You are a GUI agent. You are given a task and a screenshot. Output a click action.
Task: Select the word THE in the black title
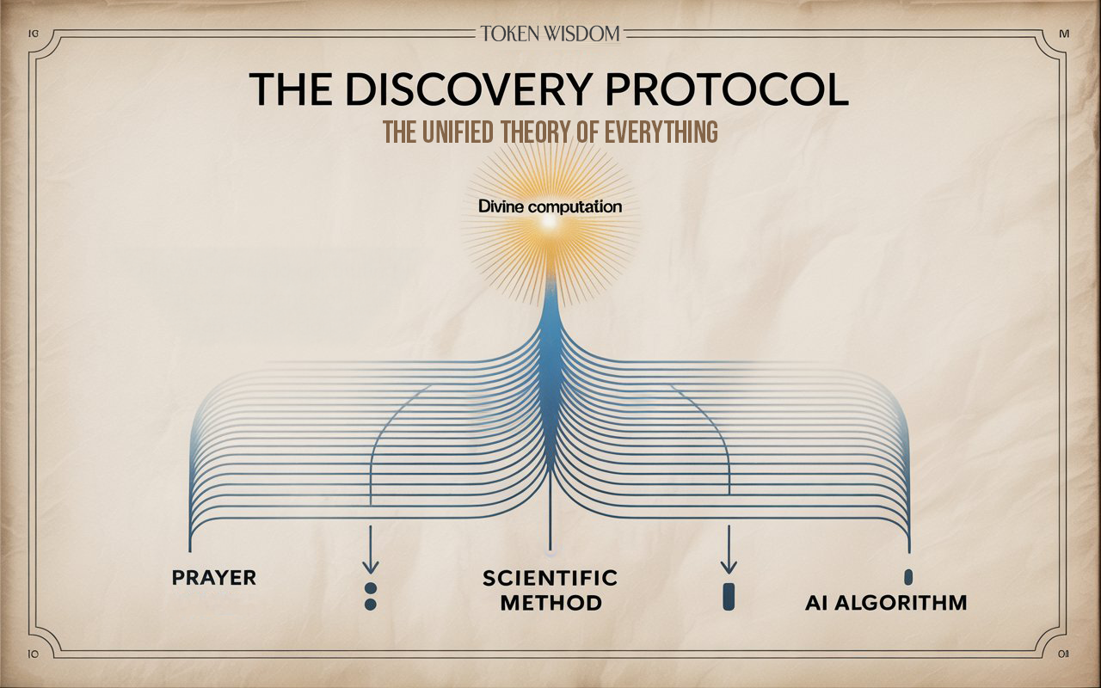tap(290, 89)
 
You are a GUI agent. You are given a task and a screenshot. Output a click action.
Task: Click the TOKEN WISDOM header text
tap(550, 34)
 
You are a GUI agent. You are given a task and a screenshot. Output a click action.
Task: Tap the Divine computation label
tap(550, 206)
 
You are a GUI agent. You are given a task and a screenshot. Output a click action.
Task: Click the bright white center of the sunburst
tap(550, 223)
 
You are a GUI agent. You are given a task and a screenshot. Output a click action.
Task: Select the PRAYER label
tap(214, 578)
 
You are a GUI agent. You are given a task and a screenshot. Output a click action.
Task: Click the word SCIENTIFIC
tap(550, 578)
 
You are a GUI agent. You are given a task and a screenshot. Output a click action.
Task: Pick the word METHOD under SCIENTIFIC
tap(551, 603)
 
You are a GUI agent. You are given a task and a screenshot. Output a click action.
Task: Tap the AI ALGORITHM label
tap(886, 603)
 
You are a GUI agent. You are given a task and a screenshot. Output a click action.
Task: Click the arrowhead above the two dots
tap(370, 568)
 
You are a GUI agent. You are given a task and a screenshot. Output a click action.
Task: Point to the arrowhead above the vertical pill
tap(729, 568)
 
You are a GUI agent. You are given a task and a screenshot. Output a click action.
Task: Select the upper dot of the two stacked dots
tap(371, 588)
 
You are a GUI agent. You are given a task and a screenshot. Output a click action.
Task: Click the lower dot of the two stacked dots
tap(371, 605)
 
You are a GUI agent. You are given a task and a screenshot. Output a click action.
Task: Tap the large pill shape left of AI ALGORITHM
tap(729, 597)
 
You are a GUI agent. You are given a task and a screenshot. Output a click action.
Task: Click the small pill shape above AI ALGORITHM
tap(908, 577)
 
